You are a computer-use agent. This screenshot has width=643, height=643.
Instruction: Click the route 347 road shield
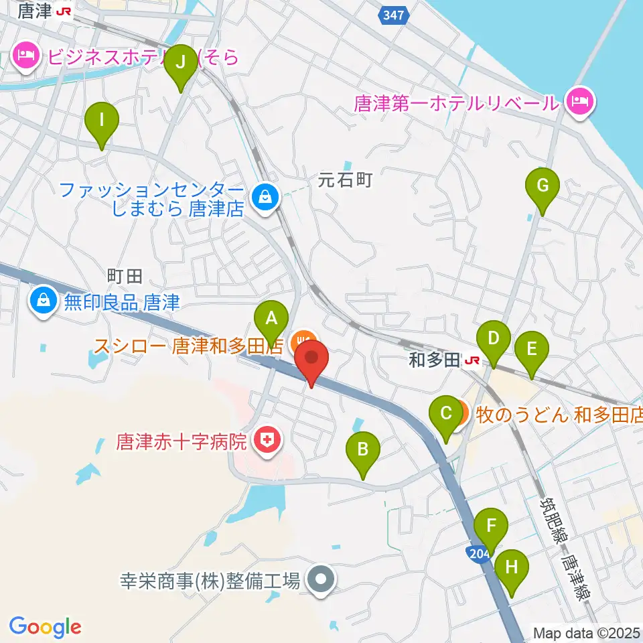click(395, 15)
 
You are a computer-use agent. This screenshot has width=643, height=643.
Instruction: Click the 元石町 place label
click(344, 180)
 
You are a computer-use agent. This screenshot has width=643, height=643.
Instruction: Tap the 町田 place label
click(125, 275)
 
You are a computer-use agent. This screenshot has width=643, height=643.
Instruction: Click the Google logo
click(46, 627)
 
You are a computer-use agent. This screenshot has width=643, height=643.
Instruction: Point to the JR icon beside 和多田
click(472, 362)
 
